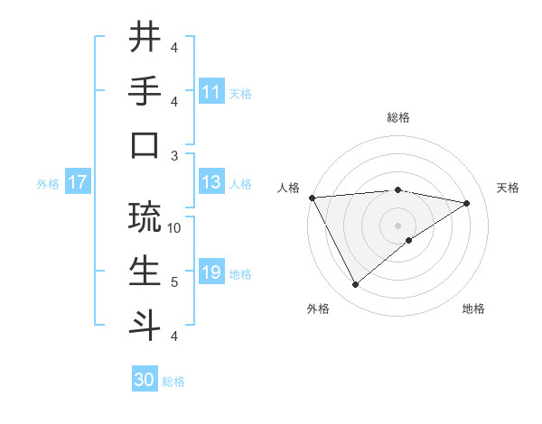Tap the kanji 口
point(145,145)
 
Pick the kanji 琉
point(145,217)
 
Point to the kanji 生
point(145,272)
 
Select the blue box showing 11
point(211,92)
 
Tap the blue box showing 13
point(211,183)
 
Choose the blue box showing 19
point(211,273)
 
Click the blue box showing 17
point(77,183)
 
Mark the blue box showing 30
point(145,380)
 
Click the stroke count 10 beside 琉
point(175,228)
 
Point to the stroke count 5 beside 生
point(175,282)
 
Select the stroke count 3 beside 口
point(175,155)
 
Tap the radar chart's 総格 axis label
point(398,117)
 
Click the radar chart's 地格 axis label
point(473,309)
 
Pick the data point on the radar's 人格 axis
point(312,197)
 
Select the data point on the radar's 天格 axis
point(467,203)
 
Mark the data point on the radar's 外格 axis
point(355,285)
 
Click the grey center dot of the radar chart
point(398,225)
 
